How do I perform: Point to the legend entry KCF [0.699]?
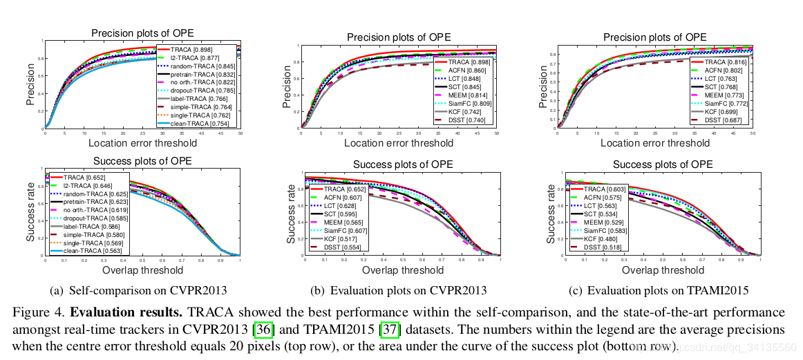715,111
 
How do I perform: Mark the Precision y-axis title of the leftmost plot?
31,84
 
